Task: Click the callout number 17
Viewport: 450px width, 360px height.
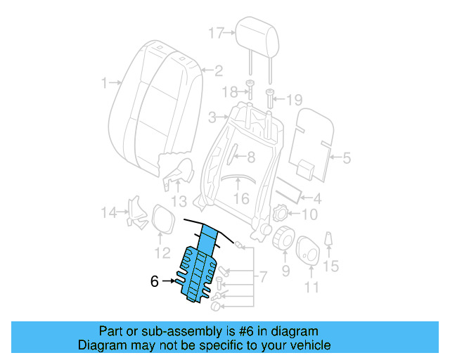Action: coord(216,32)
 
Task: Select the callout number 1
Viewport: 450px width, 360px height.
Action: coord(105,83)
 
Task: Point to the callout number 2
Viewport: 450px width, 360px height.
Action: coord(218,70)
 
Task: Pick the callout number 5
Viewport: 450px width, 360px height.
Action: coord(346,158)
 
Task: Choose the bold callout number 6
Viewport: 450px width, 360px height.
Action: coord(155,281)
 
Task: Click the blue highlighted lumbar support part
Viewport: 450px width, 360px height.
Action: coord(199,267)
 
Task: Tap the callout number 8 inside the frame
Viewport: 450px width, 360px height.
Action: coord(251,158)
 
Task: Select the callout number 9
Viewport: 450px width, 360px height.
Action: coord(285,270)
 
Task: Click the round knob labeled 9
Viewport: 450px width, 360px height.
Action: coord(283,238)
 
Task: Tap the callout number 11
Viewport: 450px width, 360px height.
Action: coord(311,286)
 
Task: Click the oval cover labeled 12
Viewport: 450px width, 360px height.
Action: coord(162,219)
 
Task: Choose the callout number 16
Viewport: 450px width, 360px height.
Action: coord(241,199)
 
